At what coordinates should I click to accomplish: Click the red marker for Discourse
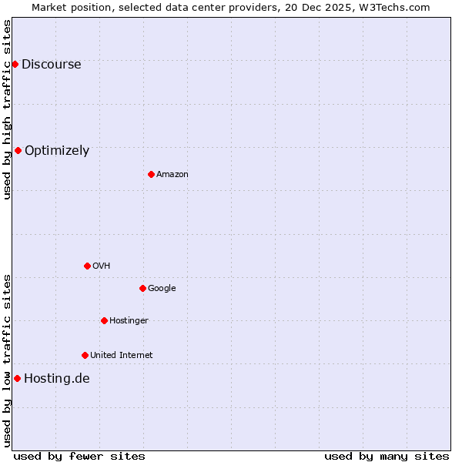[15, 64]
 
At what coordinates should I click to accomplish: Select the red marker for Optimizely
[18, 150]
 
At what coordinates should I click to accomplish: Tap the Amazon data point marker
[151, 174]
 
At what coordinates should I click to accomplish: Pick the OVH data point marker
[87, 266]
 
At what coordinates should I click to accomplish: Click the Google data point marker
[142, 288]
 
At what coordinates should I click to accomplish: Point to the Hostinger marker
[104, 320]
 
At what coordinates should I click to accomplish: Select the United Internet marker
[85, 355]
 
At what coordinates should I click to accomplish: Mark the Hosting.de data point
[17, 378]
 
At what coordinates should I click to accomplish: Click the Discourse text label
[52, 65]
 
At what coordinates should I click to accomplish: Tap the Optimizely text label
[57, 151]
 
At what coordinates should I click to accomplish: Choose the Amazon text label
[172, 175]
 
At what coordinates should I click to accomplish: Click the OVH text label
[102, 266]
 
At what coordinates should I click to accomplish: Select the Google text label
[162, 289]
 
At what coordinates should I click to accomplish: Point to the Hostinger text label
[129, 321]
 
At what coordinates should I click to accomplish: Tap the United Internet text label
[122, 356]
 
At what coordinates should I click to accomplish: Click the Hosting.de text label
[57, 379]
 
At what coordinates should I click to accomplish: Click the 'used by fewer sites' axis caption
[79, 456]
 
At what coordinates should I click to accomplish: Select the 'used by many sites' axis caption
[387, 456]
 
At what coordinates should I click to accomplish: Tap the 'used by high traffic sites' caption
[7, 109]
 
